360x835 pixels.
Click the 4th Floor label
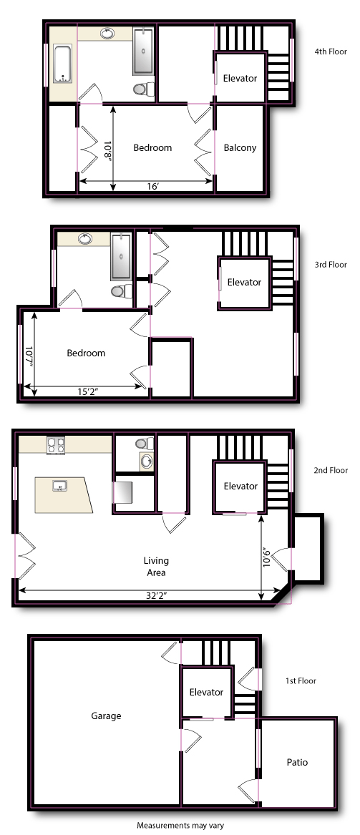(x=331, y=52)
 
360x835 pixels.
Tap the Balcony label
(x=240, y=148)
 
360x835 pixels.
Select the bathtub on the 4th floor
(x=63, y=64)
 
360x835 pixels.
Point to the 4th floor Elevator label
(x=240, y=78)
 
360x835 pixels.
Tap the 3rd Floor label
(x=331, y=265)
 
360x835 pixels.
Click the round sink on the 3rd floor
(x=85, y=238)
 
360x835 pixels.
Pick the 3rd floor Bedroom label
(x=86, y=353)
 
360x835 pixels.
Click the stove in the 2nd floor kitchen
(x=55, y=444)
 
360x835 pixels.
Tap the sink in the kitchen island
(x=59, y=486)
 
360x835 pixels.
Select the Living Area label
(x=156, y=567)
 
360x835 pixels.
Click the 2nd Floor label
(x=331, y=470)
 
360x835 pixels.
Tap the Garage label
(x=106, y=716)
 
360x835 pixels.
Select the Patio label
(x=297, y=762)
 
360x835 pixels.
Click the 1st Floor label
(x=301, y=680)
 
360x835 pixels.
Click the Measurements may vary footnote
(x=180, y=826)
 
